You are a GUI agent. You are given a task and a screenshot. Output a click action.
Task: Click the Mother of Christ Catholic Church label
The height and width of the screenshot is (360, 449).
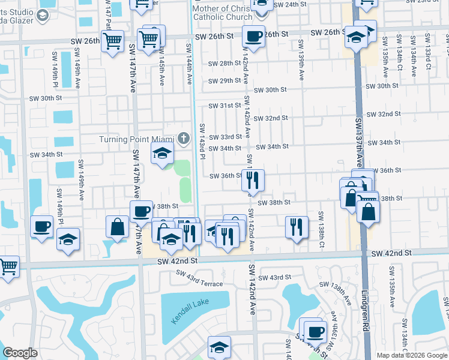(222, 12)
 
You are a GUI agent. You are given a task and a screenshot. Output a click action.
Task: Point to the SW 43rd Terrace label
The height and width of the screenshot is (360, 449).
(199, 278)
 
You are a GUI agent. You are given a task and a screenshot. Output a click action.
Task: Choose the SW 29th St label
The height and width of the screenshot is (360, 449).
(224, 81)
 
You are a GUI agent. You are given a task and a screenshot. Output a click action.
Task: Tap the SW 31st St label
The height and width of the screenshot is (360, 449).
(224, 106)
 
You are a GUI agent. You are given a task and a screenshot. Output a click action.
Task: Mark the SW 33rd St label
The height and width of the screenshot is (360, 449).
(224, 137)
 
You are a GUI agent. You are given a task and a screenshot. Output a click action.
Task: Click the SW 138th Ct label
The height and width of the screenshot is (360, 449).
(322, 230)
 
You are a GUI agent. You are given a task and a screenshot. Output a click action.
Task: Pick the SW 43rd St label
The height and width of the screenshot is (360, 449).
(276, 277)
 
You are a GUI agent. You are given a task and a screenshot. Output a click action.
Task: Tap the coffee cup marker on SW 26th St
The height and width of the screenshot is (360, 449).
(253, 37)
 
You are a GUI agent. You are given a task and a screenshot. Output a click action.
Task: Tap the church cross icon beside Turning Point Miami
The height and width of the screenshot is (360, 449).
(186, 139)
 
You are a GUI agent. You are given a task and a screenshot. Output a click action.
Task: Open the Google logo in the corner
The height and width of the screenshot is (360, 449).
(20, 353)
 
